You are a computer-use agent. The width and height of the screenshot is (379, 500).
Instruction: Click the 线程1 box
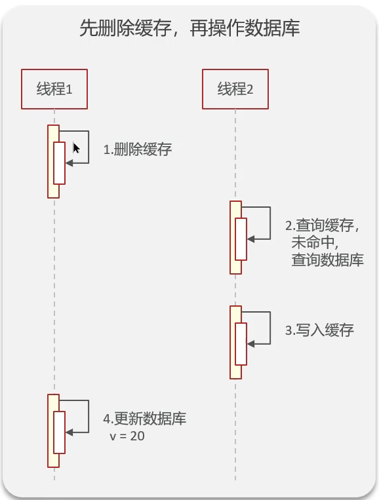(x=54, y=89)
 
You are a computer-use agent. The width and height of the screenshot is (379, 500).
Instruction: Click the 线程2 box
(x=235, y=89)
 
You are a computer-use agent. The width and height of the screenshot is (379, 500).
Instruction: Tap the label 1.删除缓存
(x=138, y=149)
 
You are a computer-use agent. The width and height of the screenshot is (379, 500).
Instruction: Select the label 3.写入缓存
(x=319, y=330)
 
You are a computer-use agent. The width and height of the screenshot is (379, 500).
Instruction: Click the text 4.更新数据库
(x=145, y=419)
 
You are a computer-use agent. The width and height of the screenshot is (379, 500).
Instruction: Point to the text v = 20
(x=127, y=435)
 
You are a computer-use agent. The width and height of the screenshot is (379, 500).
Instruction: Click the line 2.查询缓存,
(x=323, y=225)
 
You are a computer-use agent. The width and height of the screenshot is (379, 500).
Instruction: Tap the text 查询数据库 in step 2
(x=327, y=260)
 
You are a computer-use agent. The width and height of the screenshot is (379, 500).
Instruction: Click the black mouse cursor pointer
(x=76, y=148)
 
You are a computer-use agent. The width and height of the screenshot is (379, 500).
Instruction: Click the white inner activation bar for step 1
(x=59, y=163)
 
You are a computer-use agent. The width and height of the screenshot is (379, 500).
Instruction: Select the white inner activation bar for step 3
(x=241, y=344)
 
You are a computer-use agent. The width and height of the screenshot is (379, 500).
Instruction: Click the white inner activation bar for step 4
(x=59, y=432)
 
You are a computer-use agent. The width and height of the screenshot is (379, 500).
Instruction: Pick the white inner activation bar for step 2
(x=241, y=239)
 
